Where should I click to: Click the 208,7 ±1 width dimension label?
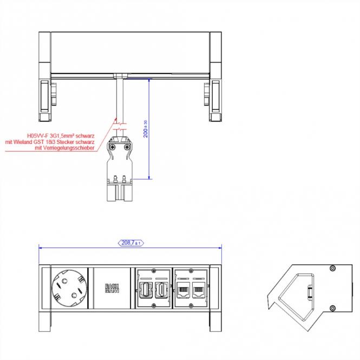pos(130,243)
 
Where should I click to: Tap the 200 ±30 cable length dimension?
pos(146,129)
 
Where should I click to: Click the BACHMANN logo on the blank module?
pos(113,289)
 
